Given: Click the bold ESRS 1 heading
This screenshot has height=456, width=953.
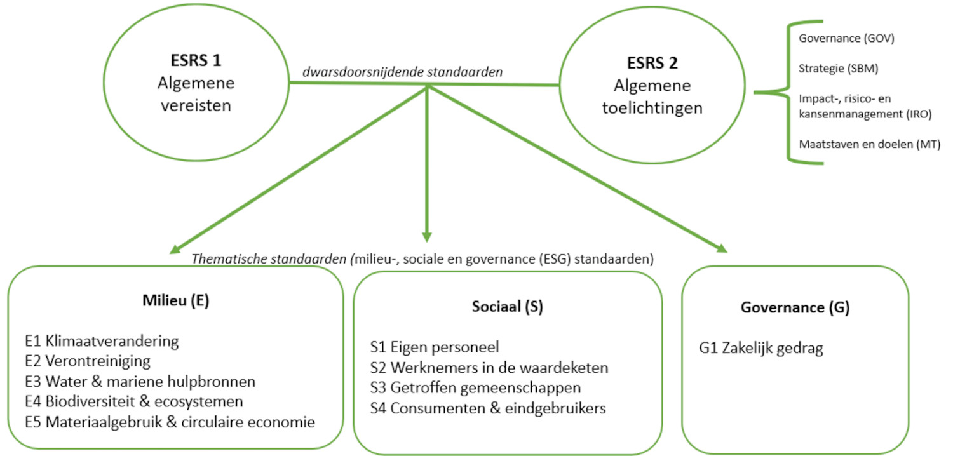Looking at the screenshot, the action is click(196, 60).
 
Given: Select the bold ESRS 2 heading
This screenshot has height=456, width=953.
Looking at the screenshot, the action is click(652, 63).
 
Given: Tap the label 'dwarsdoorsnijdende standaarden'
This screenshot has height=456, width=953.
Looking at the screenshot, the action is click(402, 72).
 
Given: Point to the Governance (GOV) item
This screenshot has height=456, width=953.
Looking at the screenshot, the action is click(846, 38).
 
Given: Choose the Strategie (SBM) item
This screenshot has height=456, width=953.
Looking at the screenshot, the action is click(838, 69).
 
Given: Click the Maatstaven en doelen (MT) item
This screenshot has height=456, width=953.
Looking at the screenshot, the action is click(869, 144).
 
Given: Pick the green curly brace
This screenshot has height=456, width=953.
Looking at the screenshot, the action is click(788, 92).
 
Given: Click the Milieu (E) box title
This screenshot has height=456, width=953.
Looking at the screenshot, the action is click(176, 300).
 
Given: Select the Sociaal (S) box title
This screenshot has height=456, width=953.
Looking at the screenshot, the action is click(507, 307).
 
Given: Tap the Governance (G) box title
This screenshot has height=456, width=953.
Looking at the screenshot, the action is click(795, 307).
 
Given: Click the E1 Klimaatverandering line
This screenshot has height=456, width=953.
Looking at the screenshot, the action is click(102, 341).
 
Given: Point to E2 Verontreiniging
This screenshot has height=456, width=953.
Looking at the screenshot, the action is click(88, 361).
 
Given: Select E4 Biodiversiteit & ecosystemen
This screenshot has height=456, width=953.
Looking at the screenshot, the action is click(134, 401).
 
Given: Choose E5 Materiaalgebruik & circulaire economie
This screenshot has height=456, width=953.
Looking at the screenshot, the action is click(170, 422).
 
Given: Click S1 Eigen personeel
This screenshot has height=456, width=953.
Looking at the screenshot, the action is click(435, 347).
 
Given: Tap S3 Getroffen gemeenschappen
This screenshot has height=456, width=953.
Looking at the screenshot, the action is click(475, 388).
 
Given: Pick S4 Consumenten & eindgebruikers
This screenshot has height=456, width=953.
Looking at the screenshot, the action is click(488, 408).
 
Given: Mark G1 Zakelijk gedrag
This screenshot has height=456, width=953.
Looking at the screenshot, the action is click(760, 349).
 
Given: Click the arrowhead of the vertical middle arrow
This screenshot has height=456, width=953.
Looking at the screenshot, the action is click(427, 238).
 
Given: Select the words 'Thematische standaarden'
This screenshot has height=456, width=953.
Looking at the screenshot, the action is click(269, 259).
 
